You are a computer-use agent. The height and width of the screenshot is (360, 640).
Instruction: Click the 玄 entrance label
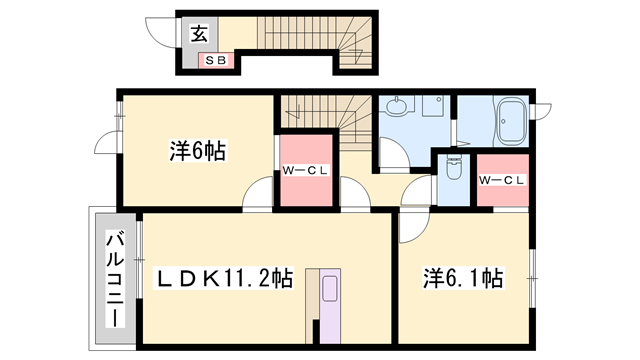click(x=198, y=33)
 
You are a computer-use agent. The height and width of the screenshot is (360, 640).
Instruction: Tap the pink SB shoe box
click(x=216, y=60)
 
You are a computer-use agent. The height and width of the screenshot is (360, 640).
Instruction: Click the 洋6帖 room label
click(x=196, y=152)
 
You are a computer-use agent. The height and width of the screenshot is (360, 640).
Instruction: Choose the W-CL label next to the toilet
click(x=502, y=180)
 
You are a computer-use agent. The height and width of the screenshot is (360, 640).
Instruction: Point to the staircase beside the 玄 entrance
click(x=310, y=41)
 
